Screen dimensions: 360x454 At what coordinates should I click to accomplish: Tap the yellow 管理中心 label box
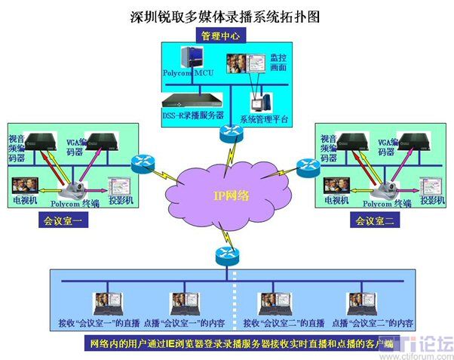click(x=220, y=35)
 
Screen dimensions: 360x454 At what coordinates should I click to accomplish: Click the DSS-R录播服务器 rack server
click(x=192, y=100)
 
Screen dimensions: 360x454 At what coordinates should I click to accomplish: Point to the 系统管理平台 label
click(x=264, y=118)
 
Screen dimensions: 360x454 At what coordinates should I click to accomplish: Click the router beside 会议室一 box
click(x=140, y=162)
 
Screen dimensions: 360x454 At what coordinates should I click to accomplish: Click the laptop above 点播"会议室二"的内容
click(x=360, y=303)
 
